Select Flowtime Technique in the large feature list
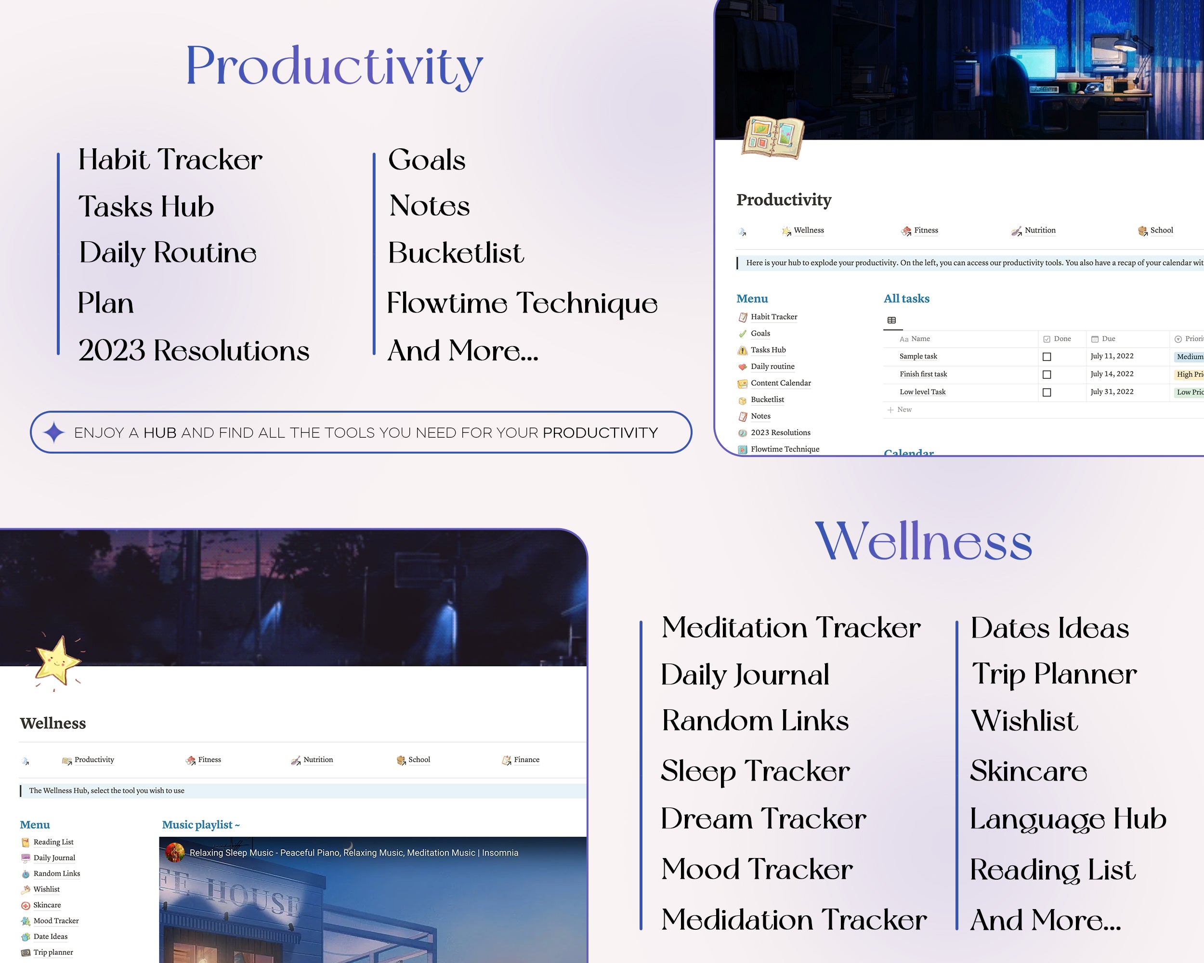pos(522,303)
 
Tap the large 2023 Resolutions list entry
pos(193,350)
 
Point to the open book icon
pos(773,137)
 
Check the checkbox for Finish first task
pos(1047,375)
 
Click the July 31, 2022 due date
pos(1112,392)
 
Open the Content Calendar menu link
pos(781,383)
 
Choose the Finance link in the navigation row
pos(526,760)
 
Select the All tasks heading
pos(906,299)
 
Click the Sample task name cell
pos(918,356)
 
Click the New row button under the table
pos(900,410)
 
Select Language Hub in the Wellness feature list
pos(1068,820)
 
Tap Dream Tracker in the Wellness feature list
pos(763,819)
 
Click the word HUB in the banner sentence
pos(160,433)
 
